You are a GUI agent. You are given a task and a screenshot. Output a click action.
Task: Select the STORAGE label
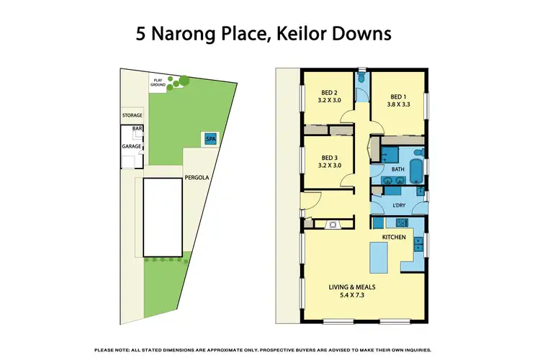[132, 115]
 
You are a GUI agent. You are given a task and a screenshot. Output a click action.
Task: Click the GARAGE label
[131, 146]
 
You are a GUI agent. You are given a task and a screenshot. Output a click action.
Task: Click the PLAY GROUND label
[158, 82]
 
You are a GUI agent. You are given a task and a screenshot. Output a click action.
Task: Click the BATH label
[398, 170]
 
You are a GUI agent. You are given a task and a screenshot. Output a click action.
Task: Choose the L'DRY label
[398, 204]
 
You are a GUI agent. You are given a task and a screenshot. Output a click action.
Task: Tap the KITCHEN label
[394, 237]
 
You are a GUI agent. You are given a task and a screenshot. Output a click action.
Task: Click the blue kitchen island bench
[379, 258]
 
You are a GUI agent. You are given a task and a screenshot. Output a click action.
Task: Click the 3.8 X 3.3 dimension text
[398, 104]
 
